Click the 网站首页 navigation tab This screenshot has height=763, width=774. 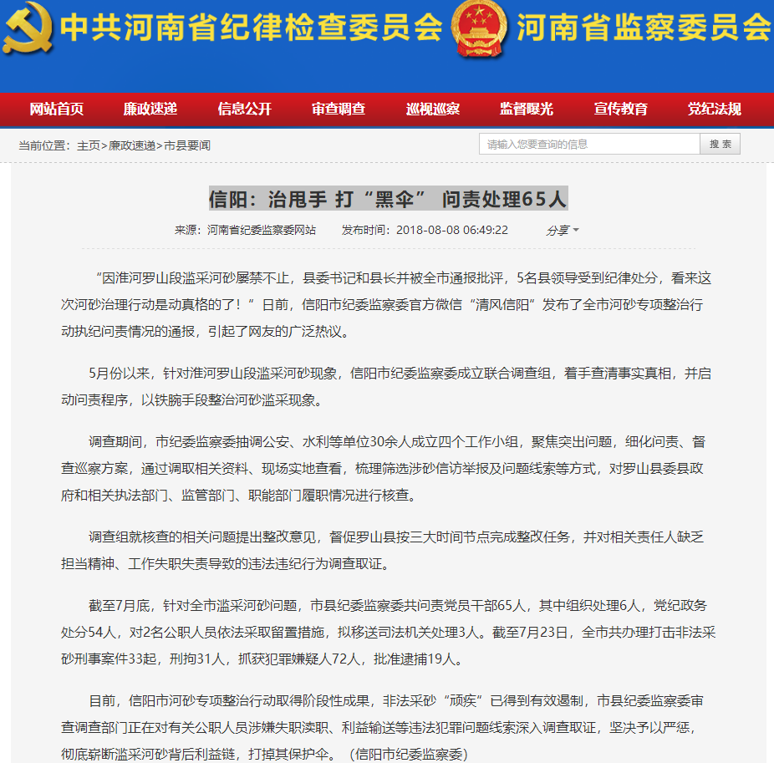[57, 109]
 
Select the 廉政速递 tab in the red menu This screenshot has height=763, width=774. [150, 109]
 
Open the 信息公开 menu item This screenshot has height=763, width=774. [245, 109]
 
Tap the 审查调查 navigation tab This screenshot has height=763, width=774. [339, 109]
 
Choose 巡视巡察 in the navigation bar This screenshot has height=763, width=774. [433, 109]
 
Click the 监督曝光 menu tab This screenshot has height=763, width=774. [527, 109]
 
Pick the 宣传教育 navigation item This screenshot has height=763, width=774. [621, 109]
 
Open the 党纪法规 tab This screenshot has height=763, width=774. [715, 109]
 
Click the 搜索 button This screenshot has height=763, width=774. [720, 145]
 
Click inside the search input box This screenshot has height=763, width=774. [589, 145]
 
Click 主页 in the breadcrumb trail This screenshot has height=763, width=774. [89, 145]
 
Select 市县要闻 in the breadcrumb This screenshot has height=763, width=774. [187, 145]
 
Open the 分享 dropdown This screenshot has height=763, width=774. [563, 231]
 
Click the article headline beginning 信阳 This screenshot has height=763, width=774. [388, 199]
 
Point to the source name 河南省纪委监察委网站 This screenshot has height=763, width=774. [262, 231]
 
